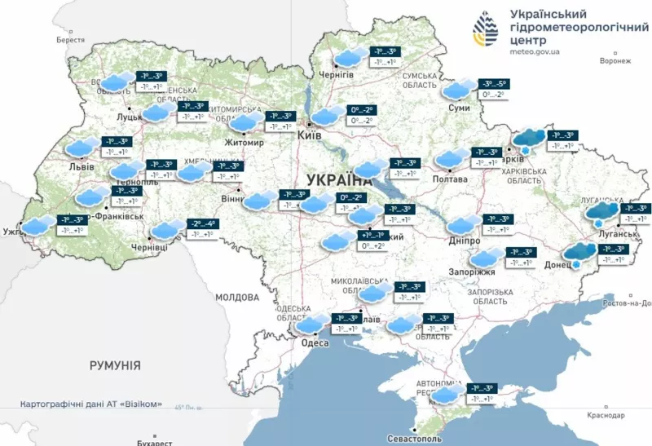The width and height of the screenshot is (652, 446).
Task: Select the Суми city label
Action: [x=457, y=108]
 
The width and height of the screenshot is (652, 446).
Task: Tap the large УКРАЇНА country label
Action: [x=339, y=180]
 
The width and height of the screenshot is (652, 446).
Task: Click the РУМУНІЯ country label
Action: [x=115, y=365]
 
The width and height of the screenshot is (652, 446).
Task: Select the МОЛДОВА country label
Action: [x=237, y=298]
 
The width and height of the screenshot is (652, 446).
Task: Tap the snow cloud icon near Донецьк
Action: [x=579, y=254]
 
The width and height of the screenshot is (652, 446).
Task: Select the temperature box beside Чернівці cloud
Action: [x=202, y=229]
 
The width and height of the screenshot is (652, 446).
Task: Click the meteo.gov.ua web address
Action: [x=535, y=51]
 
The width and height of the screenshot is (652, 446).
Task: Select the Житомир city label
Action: [x=246, y=143]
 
